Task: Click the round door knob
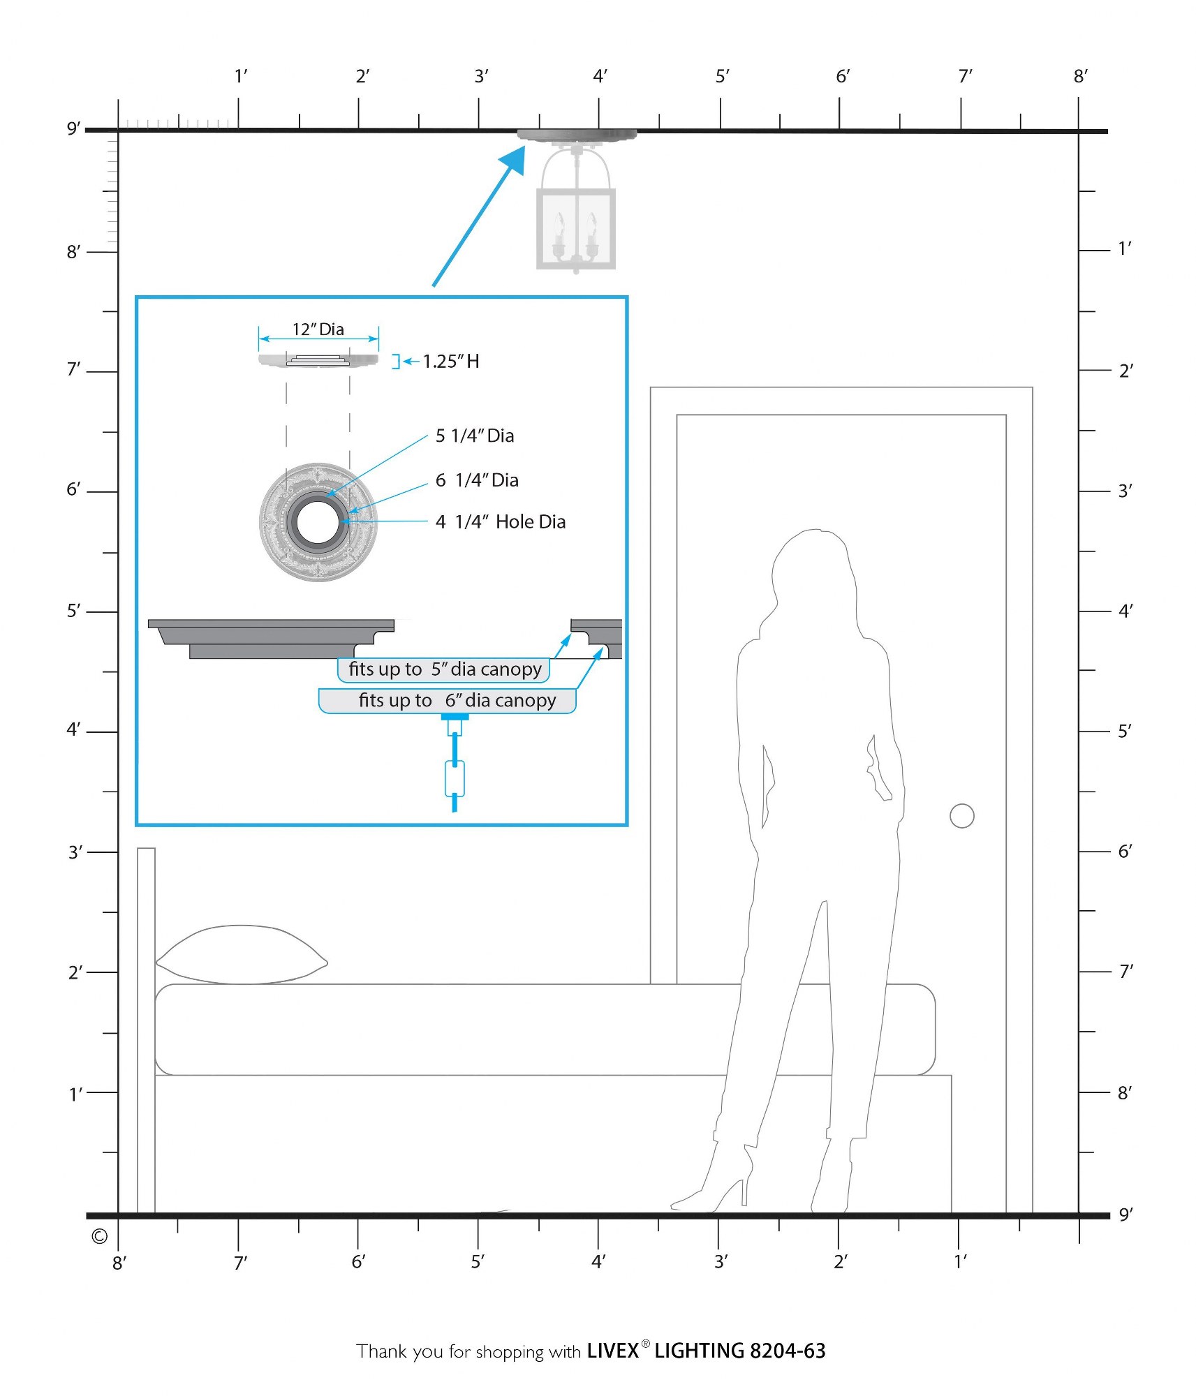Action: pos(961,815)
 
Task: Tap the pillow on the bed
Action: pos(242,954)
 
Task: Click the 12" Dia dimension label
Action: pos(318,329)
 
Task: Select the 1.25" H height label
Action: pos(451,362)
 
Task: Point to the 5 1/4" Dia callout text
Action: pos(475,436)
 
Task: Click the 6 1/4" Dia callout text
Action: pos(477,480)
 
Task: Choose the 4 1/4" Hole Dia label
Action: pos(501,522)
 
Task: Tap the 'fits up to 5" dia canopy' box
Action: pos(444,669)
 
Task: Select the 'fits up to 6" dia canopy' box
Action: pos(448,701)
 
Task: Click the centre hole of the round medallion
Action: pos(318,521)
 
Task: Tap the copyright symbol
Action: pos(99,1236)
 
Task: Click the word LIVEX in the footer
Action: pos(612,1351)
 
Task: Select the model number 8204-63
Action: pos(788,1351)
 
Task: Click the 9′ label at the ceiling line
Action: pos(73,128)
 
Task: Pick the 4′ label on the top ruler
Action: pos(600,76)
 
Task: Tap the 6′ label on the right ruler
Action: pos(1125,851)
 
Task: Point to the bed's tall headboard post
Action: pos(146,1030)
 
